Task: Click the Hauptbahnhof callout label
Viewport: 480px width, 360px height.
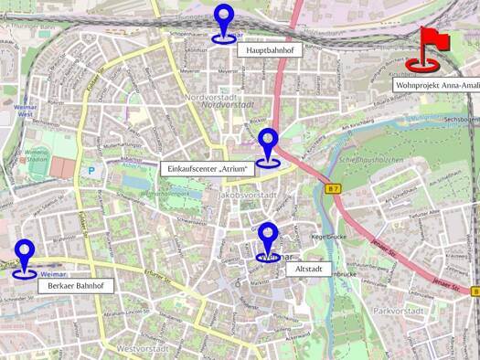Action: click(269, 52)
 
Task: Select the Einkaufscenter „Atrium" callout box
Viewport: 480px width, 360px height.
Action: click(207, 169)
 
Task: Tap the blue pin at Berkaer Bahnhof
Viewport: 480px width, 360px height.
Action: click(25, 255)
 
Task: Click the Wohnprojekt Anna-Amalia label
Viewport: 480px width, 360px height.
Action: click(437, 84)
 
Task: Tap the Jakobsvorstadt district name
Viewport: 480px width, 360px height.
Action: click(248, 196)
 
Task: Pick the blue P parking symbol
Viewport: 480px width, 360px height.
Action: click(91, 169)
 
